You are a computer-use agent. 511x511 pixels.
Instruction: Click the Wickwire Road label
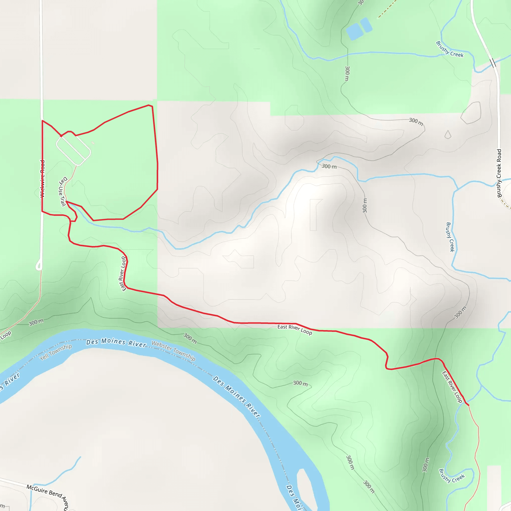pos(42,179)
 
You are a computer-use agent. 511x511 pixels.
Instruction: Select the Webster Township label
pos(173,351)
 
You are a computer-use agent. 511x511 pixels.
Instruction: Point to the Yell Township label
pos(56,352)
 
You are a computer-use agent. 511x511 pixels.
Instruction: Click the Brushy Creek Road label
pos(499,173)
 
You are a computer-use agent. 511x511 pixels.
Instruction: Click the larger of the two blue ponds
pos(354,32)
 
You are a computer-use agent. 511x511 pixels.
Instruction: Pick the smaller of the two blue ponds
pos(366,25)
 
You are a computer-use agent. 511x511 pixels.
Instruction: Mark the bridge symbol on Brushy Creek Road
pos(493,63)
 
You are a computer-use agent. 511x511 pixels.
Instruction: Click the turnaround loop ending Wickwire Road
pos(39,265)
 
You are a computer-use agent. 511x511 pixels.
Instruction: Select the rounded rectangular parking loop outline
pos(73,149)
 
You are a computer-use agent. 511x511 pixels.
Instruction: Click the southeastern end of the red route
pos(468,405)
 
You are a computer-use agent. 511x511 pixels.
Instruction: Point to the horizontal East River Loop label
pos(295,330)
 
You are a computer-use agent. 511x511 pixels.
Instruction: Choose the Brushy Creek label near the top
pos(450,49)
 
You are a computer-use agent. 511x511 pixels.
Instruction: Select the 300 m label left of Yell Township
pos(36,322)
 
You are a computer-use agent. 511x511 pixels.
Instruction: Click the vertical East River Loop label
pos(123,274)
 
